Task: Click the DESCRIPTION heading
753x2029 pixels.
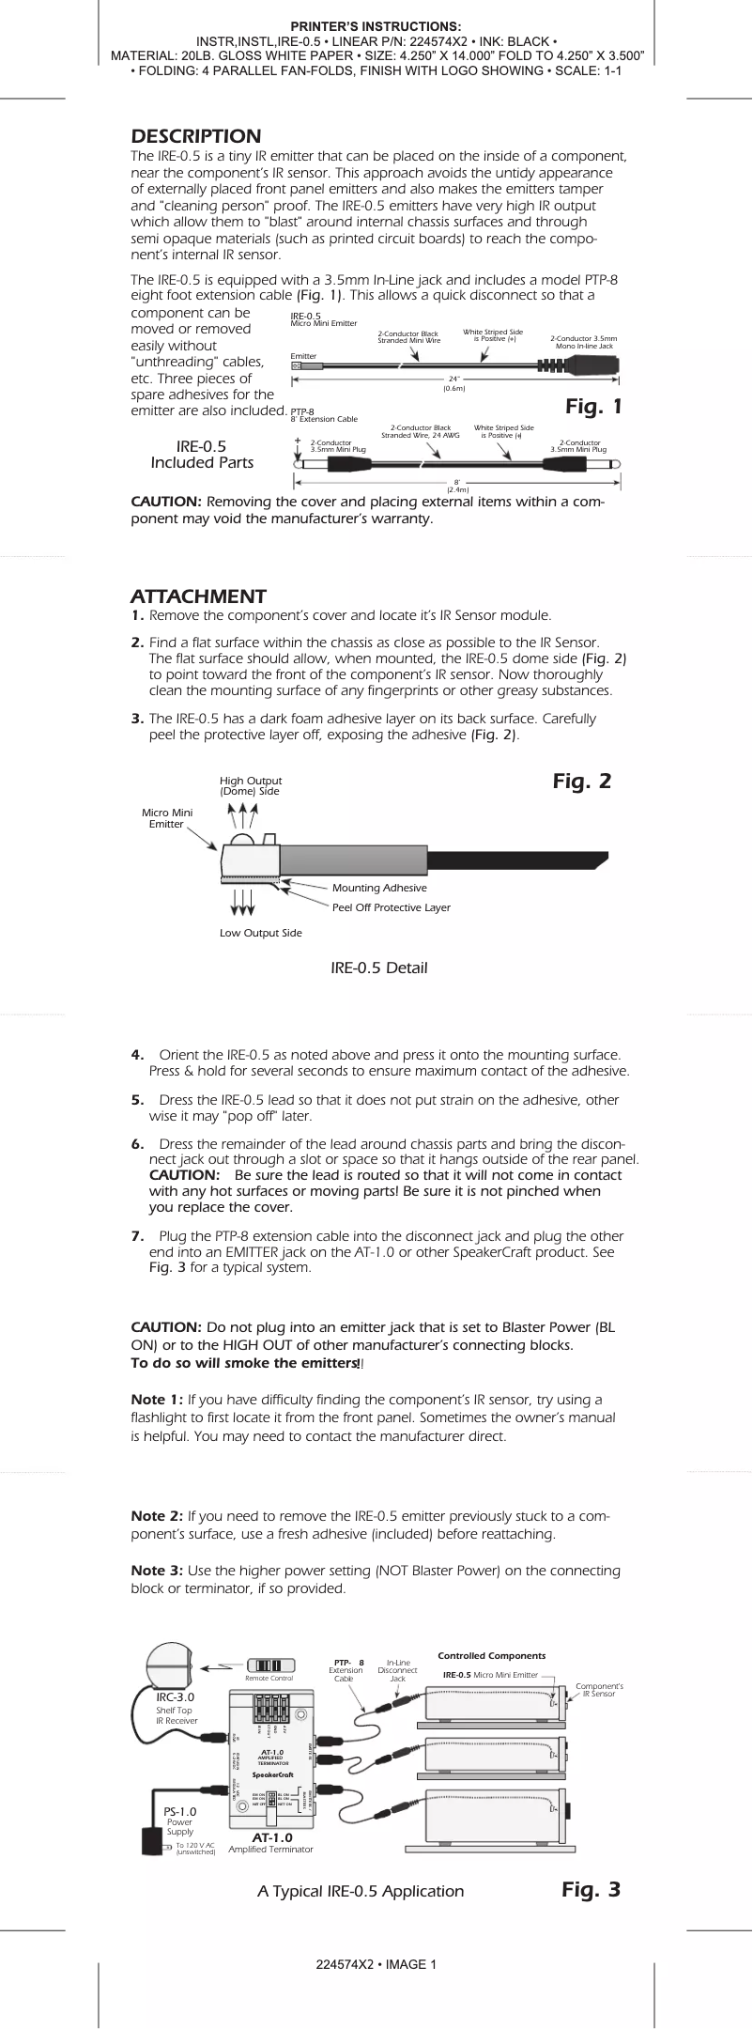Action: coord(195,136)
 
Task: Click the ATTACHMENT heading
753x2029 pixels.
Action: coord(198,596)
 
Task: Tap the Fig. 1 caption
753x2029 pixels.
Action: coord(593,407)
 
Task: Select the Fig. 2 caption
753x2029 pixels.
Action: coord(582,782)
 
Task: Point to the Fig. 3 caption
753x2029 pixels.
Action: coord(592,1889)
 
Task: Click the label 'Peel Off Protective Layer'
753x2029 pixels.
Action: coord(391,907)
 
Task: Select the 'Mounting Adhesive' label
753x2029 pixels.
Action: coord(379,888)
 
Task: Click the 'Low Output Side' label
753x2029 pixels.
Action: coord(260,933)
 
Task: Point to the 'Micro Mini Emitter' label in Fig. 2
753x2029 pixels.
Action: coord(167,818)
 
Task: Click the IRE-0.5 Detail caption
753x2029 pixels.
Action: coord(378,968)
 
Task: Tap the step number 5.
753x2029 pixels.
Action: coord(137,1100)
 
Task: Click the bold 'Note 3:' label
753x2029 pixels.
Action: coord(157,1571)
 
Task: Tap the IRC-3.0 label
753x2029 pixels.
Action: coord(176,1696)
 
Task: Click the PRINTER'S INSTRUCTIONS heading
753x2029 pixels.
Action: coord(376,26)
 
